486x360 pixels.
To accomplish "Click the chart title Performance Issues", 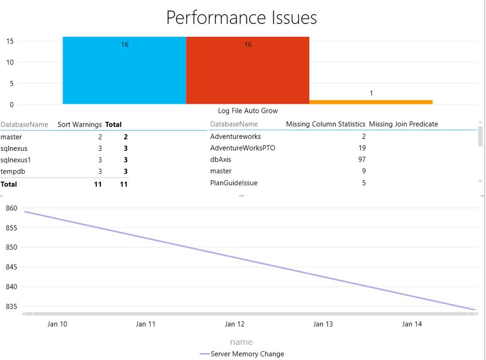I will click(241, 18).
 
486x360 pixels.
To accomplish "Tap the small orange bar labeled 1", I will click(371, 102).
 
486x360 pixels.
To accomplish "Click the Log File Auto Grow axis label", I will click(248, 111).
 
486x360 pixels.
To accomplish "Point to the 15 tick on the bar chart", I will click(9, 41).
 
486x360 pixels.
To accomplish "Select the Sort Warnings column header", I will click(80, 124).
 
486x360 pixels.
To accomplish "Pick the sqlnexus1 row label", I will click(16, 160).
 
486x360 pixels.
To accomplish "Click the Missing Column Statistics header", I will click(326, 124).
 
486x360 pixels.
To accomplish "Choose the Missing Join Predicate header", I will click(403, 124).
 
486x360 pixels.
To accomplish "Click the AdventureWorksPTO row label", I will click(242, 148).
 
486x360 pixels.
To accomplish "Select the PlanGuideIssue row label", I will click(234, 183).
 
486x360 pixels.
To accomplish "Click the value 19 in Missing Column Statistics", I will click(362, 148).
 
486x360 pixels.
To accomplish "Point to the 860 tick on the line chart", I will click(11, 208).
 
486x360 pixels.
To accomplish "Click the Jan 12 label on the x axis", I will click(234, 324).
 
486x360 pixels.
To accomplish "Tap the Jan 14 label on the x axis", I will click(412, 324).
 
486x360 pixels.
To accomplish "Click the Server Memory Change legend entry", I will click(247, 354).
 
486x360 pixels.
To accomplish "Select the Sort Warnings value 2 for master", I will click(100, 137).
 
